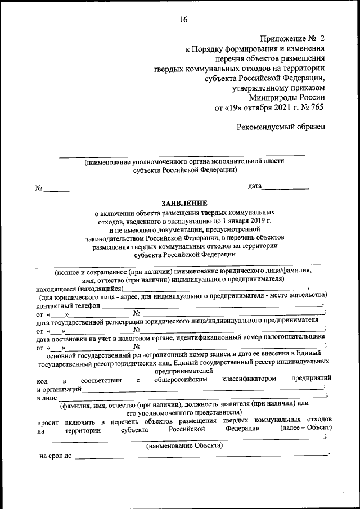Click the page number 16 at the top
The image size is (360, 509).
point(183,20)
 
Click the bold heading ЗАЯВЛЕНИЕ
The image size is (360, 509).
point(184,203)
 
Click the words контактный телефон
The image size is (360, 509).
point(68,305)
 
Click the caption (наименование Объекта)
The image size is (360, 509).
point(184,445)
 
